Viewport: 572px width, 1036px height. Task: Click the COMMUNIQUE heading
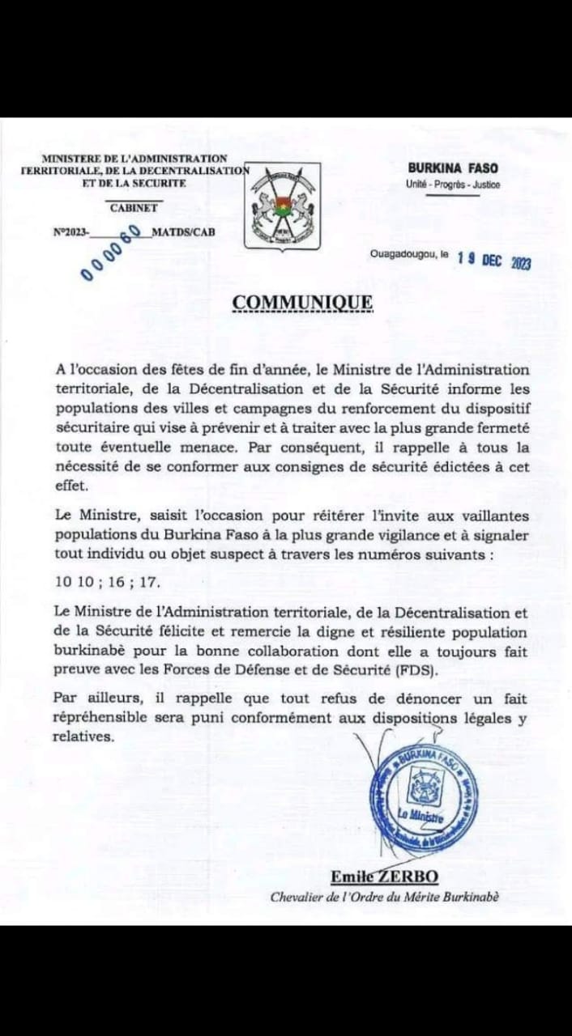click(x=303, y=302)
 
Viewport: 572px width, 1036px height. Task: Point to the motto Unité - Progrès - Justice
click(x=453, y=185)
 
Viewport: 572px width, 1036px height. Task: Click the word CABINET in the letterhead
click(x=135, y=208)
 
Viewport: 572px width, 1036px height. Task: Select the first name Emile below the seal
click(x=349, y=877)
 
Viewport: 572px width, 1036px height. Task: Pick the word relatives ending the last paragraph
click(x=83, y=736)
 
